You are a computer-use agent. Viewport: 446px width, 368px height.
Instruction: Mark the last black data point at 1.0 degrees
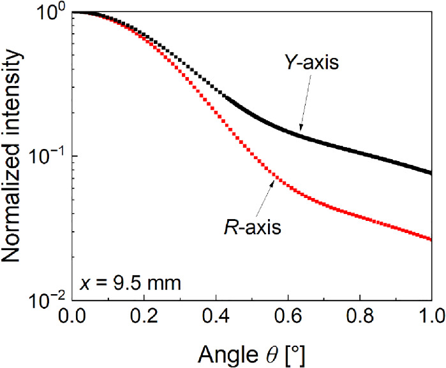point(431,173)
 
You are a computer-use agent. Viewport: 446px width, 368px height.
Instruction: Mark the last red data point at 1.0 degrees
point(431,239)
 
